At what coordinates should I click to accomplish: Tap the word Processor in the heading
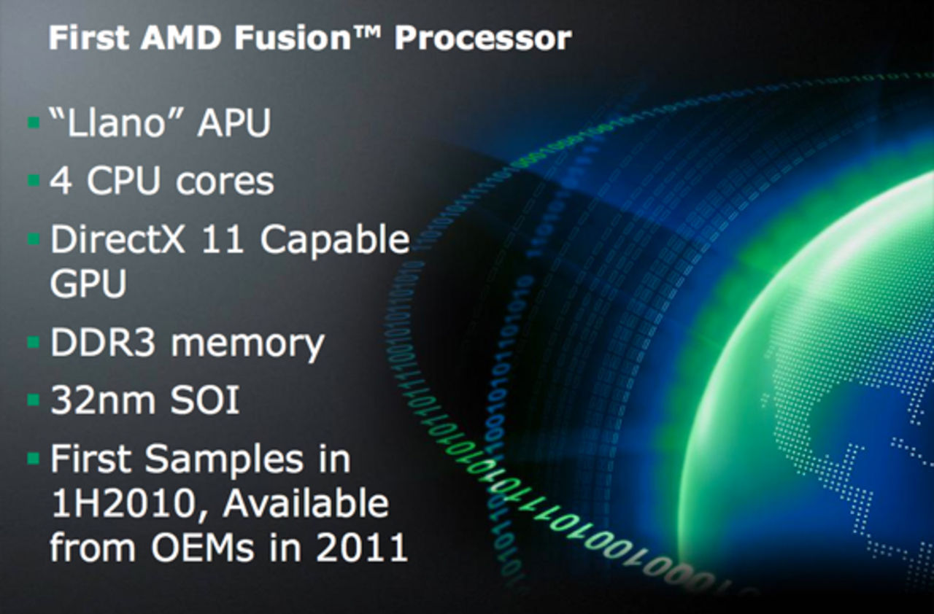pos(482,38)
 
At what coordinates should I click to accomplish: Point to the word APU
pos(233,123)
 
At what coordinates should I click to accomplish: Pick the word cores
pos(225,182)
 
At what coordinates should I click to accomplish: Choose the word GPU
pos(88,284)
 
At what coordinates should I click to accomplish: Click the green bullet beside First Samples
pos(33,459)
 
